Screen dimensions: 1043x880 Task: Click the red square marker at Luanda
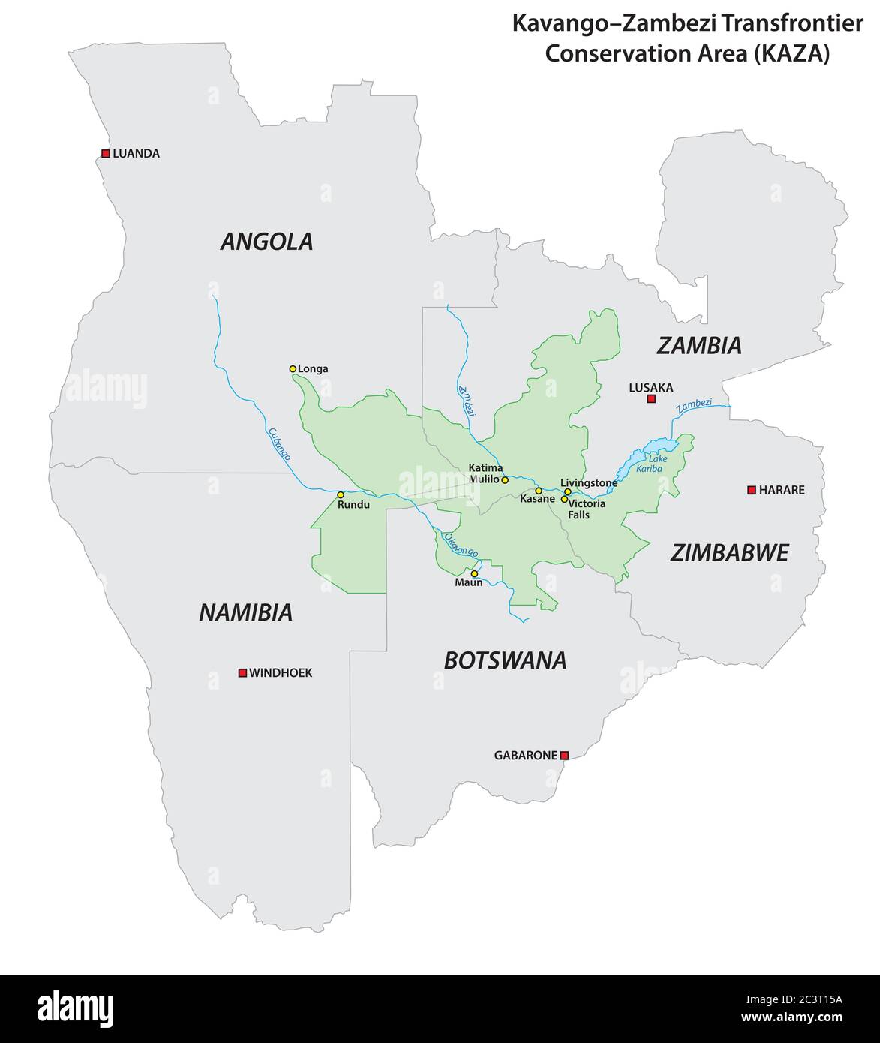pos(105,153)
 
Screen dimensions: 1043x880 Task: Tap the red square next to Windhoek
pos(242,673)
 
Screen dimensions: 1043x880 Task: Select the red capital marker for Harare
pos(751,490)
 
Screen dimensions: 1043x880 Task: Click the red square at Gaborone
pos(565,756)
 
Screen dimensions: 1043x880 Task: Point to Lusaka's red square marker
pos(651,399)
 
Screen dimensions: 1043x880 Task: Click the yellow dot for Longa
pos(293,368)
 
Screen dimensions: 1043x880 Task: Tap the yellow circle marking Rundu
pos(340,494)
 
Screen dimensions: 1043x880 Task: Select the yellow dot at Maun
pos(474,573)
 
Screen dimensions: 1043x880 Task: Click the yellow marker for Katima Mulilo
pos(505,480)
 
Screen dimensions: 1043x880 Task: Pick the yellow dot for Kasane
pos(538,491)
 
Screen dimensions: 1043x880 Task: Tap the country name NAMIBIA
pos(245,613)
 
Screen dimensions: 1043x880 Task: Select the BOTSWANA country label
pos(505,661)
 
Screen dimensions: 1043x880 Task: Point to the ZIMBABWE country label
pos(729,554)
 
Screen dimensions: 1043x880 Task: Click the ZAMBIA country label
pos(699,346)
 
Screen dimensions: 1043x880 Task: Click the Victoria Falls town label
pos(587,509)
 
